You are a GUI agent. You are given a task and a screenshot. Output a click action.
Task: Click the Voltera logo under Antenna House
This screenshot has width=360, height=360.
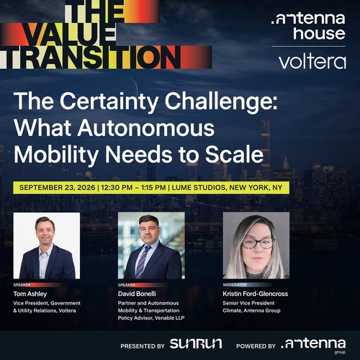point(312,62)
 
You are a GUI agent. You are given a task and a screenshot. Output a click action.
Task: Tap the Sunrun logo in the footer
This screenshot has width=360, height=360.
point(196,343)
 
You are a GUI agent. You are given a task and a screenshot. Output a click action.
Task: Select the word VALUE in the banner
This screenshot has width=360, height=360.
point(70,35)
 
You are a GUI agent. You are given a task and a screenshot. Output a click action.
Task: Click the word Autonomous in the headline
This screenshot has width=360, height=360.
point(145,127)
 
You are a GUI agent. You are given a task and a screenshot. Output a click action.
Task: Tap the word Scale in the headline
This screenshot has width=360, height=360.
point(234,154)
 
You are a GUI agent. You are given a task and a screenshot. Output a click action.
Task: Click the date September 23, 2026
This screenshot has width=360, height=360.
point(58,187)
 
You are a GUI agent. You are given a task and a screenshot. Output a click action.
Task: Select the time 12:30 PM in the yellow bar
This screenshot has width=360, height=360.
point(117,187)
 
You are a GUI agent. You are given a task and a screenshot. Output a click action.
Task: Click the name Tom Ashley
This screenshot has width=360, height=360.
point(30,294)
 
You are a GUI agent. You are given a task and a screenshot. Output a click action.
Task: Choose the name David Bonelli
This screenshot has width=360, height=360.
point(137,294)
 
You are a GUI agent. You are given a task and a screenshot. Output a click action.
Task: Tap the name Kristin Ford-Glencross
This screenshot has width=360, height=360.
point(256,294)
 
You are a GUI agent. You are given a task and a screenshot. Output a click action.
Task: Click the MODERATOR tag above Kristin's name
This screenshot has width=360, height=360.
point(235,285)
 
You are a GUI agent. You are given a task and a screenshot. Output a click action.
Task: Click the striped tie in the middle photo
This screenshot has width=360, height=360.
point(142,262)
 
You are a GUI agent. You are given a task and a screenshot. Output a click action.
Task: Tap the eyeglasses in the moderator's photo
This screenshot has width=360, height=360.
point(258,243)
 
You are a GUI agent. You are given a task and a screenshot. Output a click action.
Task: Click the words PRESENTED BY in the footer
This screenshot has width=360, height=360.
point(143,346)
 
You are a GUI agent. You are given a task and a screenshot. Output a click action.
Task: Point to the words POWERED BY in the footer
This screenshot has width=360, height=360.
point(256,346)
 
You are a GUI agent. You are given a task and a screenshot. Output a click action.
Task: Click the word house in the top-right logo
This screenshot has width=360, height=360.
point(319,34)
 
